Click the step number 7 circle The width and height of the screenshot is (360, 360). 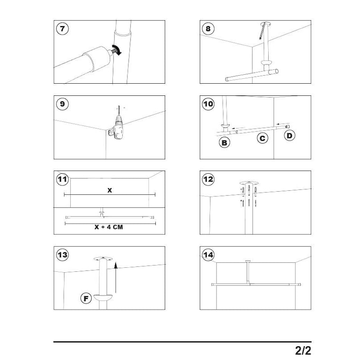pyautogui.click(x=62, y=29)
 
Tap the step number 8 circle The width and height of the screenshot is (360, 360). pyautogui.click(x=208, y=29)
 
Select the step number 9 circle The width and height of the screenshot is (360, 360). pyautogui.click(x=62, y=104)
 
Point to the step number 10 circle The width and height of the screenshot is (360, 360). pyautogui.click(x=208, y=104)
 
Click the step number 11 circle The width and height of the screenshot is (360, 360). pyautogui.click(x=62, y=179)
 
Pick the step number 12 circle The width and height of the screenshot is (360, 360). pyautogui.click(x=208, y=179)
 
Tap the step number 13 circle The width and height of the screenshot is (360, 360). pyautogui.click(x=62, y=255)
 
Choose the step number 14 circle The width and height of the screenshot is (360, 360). pyautogui.click(x=208, y=255)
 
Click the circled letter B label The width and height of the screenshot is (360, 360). pyautogui.click(x=224, y=143)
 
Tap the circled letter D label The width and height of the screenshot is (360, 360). pyautogui.click(x=289, y=135)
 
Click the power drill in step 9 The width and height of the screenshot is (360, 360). pyautogui.click(x=118, y=129)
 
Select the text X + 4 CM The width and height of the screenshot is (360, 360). pyautogui.click(x=108, y=227)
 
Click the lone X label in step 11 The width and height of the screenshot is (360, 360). pyautogui.click(x=109, y=190)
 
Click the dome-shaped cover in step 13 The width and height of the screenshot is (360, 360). pyautogui.click(x=103, y=297)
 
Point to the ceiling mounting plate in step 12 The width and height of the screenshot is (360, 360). pyautogui.click(x=249, y=183)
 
